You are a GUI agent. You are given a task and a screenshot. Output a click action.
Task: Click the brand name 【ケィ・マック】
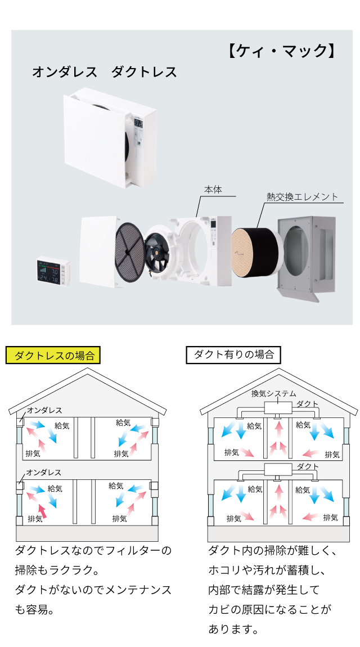coord(282,51)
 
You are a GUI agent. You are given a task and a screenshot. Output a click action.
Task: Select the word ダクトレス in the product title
coord(144,73)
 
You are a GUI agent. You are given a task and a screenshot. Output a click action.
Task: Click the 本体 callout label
coord(213,190)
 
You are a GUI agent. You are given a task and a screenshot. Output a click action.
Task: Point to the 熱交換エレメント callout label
coord(303,197)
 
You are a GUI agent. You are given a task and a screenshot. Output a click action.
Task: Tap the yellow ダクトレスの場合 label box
coord(53,355)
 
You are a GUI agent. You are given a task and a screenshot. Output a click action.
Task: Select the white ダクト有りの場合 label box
coord(233,354)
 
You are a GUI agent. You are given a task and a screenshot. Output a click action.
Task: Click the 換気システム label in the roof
coord(273,394)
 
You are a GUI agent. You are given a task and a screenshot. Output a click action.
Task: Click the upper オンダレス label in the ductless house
coord(45,411)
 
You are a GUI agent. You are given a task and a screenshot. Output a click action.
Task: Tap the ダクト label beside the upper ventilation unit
coord(307,404)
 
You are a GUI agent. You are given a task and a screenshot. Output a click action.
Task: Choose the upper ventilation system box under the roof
coord(278,406)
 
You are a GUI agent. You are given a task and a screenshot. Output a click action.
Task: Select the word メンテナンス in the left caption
coord(135,590)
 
